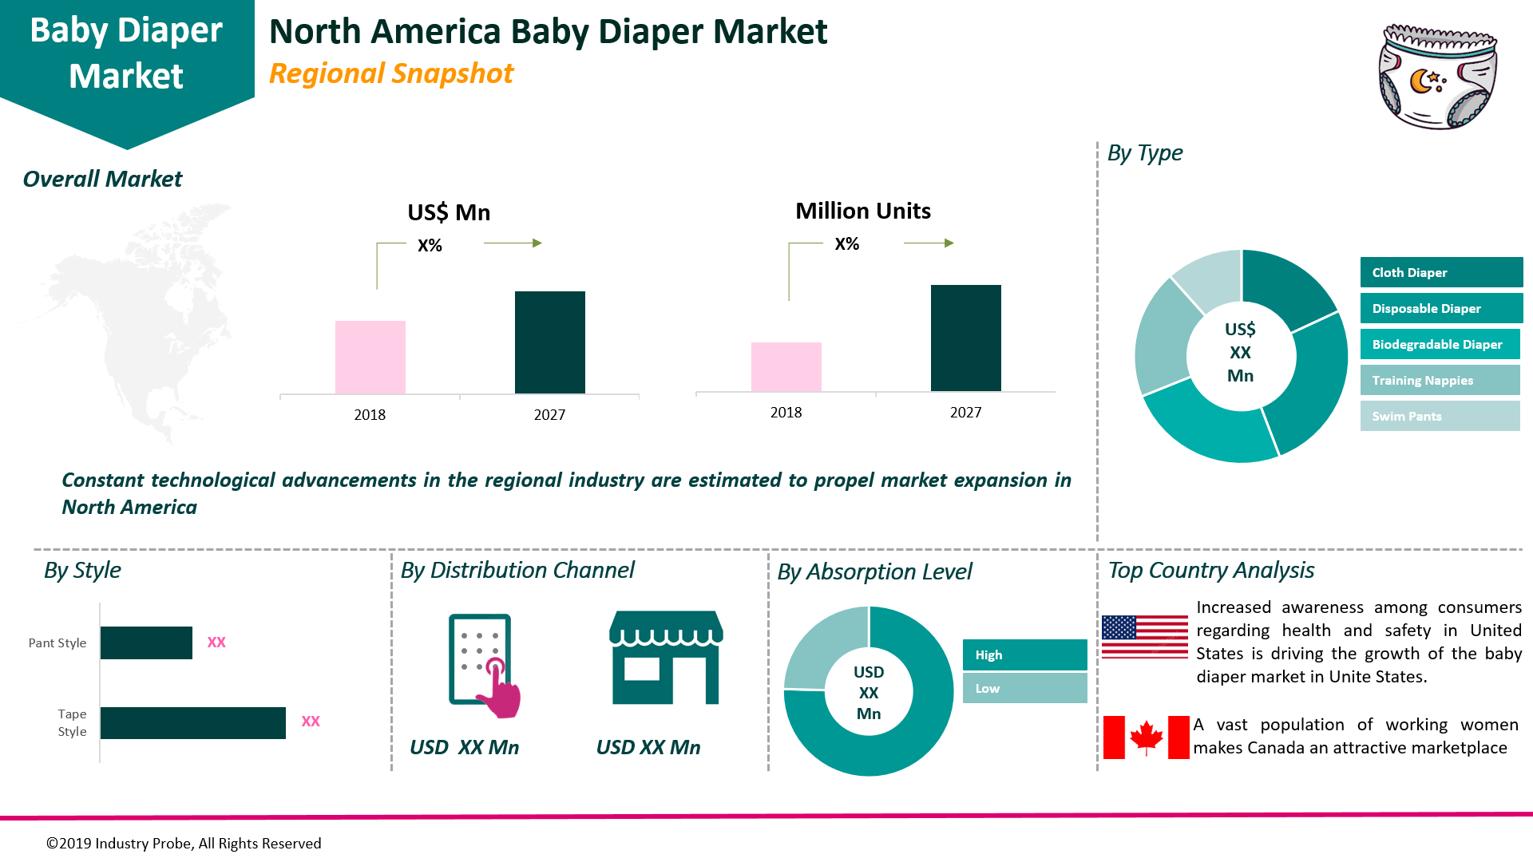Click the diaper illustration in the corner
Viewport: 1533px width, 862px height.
(x=1437, y=77)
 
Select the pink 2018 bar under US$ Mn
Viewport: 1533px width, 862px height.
(x=370, y=357)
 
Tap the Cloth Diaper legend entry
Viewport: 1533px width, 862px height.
(x=1440, y=272)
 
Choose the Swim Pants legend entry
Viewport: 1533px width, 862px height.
(x=1439, y=416)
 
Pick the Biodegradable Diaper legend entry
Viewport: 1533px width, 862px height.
(x=1439, y=344)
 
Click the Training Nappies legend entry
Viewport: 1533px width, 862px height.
(x=1439, y=380)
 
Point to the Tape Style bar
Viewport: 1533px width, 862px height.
(x=192, y=722)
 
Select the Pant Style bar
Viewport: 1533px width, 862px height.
(x=146, y=643)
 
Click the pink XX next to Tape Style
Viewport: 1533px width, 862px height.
(x=311, y=722)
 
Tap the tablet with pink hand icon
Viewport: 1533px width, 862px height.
(x=483, y=664)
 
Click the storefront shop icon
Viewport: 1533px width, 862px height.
(x=666, y=658)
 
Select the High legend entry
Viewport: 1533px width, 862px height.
(x=1024, y=654)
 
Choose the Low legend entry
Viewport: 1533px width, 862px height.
(x=1024, y=688)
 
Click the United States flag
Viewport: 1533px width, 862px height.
(x=1144, y=636)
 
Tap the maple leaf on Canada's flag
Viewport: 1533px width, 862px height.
(x=1146, y=737)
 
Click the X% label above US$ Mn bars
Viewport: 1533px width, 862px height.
(x=430, y=246)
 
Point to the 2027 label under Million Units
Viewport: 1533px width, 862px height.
(x=965, y=413)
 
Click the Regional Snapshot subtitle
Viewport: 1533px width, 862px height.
(x=391, y=73)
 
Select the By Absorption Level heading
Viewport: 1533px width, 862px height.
(x=874, y=571)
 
